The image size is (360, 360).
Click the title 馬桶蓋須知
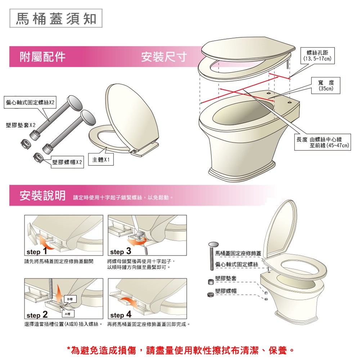(56, 18)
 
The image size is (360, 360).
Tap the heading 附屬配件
(43, 57)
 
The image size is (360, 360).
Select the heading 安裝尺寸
(164, 57)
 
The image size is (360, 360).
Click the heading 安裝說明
(43, 195)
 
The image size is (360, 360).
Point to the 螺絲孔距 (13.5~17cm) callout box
(318, 55)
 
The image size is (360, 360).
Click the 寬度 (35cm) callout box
(325, 85)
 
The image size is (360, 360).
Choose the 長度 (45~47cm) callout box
(323, 142)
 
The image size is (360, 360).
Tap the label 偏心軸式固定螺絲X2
(30, 102)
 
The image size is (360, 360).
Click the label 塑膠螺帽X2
(67, 162)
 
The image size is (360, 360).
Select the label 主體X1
(101, 159)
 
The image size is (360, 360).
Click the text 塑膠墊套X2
(21, 125)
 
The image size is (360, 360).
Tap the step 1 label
(37, 251)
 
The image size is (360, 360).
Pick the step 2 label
(37, 314)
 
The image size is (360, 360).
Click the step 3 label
(121, 251)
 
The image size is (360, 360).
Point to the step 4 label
(121, 314)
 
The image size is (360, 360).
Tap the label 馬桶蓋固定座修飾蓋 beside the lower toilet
(238, 253)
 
